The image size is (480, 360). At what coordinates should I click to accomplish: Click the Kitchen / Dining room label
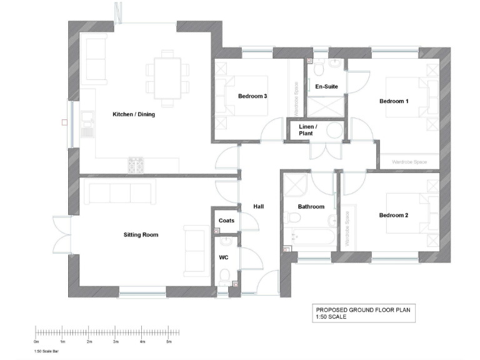coord(134,114)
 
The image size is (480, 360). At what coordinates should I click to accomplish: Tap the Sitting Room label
coord(141,235)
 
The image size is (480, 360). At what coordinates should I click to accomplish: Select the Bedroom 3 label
coord(252,96)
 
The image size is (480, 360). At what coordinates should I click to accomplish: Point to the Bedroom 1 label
coord(394,101)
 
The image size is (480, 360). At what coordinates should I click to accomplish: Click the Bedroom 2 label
coord(394,216)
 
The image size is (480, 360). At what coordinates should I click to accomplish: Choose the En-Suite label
coord(326,86)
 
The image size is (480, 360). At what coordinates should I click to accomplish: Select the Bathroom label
coord(311,207)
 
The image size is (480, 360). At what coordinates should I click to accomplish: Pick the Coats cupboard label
coord(226,221)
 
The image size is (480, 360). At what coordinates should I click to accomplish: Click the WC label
coord(223,257)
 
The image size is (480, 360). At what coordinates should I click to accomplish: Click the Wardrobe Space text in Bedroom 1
coord(409,162)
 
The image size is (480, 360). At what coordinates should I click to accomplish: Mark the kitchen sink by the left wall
coord(87,125)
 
